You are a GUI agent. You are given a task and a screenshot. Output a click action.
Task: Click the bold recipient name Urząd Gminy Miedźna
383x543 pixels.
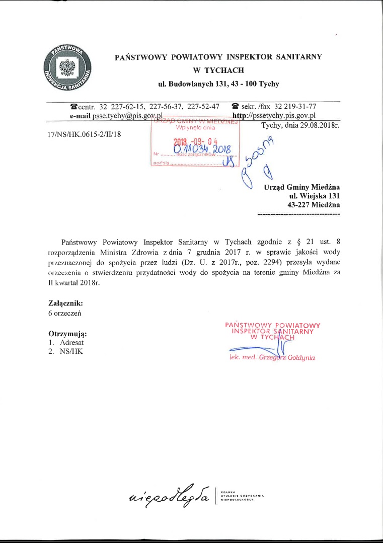click(301, 187)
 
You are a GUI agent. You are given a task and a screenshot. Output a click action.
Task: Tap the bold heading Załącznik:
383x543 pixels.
click(65, 303)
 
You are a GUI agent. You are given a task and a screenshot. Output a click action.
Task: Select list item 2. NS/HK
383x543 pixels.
click(65, 352)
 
